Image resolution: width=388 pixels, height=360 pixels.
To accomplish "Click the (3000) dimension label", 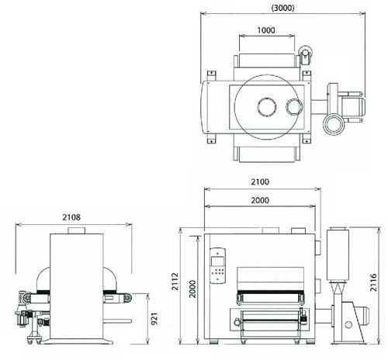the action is pyautogui.click(x=282, y=8).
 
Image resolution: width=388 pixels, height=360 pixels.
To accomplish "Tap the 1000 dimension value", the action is pyautogui.click(x=266, y=30).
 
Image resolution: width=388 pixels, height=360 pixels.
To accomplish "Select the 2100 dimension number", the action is pyautogui.click(x=260, y=182).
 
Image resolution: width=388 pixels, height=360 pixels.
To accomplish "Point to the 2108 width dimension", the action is pyautogui.click(x=71, y=217).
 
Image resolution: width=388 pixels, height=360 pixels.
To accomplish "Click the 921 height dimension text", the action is pyautogui.click(x=154, y=319).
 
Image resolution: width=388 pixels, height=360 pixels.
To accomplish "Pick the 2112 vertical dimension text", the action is pyautogui.click(x=175, y=282).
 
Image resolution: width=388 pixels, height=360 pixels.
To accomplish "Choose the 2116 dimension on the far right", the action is pyautogui.click(x=373, y=282).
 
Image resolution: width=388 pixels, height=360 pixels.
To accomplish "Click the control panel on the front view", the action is pyautogui.click(x=217, y=266).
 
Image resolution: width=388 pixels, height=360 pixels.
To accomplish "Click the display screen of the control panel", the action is pyautogui.click(x=217, y=261).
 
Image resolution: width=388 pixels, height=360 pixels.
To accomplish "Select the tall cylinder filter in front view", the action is pyautogui.click(x=338, y=254).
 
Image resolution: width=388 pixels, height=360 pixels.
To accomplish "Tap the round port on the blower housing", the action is pyautogui.click(x=348, y=324).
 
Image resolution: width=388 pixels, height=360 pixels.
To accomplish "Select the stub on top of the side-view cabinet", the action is pyautogui.click(x=76, y=230).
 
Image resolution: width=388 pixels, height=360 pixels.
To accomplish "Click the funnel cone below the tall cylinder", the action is pyautogui.click(x=338, y=288).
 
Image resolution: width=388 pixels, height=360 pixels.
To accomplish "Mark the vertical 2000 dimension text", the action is pyautogui.click(x=192, y=289).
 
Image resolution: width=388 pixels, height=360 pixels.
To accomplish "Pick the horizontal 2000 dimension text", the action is pyautogui.click(x=260, y=200).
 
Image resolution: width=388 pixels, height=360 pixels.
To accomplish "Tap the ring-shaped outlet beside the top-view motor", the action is pyautogui.click(x=334, y=124).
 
